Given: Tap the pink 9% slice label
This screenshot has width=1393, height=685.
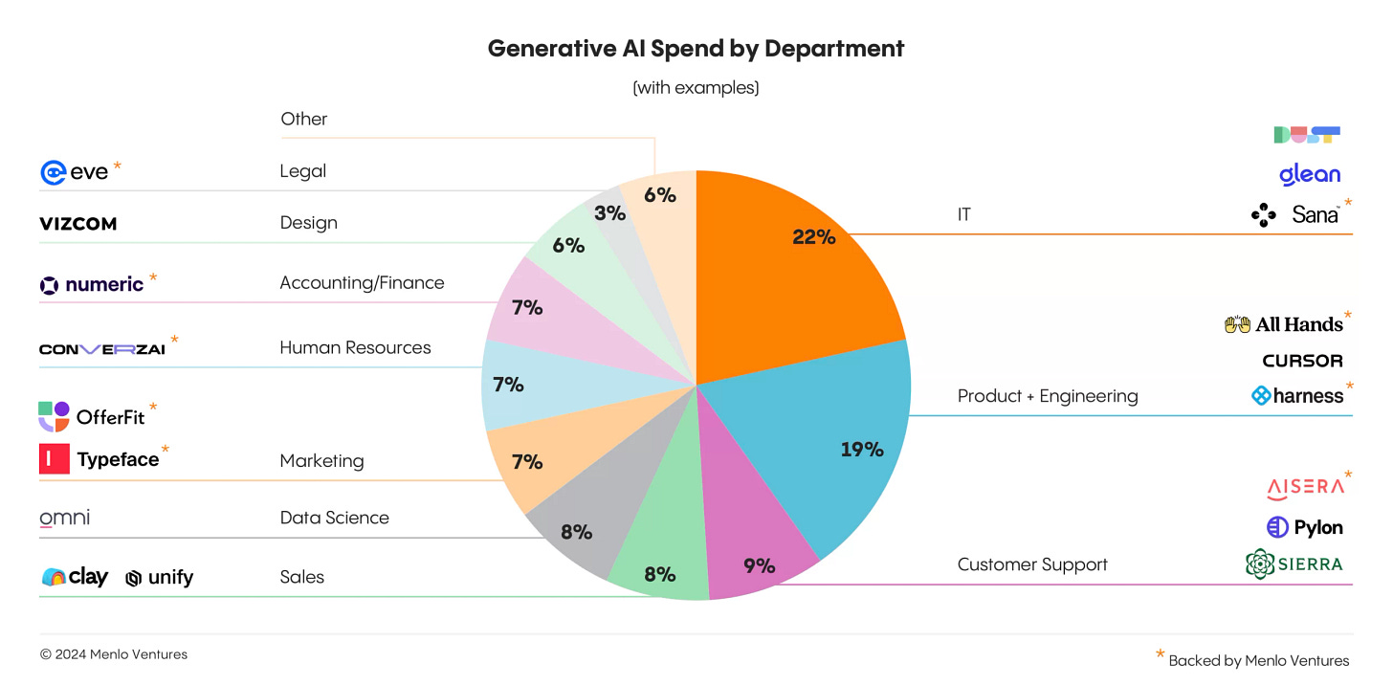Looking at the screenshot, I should point(759,565).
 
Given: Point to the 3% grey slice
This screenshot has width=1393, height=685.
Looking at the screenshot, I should point(609,213).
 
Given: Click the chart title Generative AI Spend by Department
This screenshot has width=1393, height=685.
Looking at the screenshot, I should point(696,49).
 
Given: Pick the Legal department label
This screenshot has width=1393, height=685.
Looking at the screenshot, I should point(302,171).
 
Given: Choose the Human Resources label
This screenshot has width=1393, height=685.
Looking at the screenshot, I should point(355,347).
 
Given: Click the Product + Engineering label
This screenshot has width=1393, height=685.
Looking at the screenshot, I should point(1048,396).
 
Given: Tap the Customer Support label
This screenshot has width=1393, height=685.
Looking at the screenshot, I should point(1032,564).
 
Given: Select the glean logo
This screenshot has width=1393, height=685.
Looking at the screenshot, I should point(1309,174).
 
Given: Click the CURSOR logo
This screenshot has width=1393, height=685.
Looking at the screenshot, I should point(1302,361).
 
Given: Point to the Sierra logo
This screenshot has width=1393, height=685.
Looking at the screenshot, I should point(1293,563).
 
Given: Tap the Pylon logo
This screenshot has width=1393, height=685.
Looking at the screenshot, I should point(1305,527).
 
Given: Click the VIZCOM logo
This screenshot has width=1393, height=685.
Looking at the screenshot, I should point(77,224).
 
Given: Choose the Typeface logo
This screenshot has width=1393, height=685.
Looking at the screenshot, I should point(99,459).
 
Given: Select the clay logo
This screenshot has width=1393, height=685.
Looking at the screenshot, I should point(75,577).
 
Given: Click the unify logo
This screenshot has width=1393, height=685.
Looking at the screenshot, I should point(159,577).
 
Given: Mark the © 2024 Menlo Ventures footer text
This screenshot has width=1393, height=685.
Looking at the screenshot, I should point(114,654).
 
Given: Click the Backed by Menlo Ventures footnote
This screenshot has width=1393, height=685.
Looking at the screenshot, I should point(1258,660).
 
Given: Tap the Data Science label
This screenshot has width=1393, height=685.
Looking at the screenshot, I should point(334,518).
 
